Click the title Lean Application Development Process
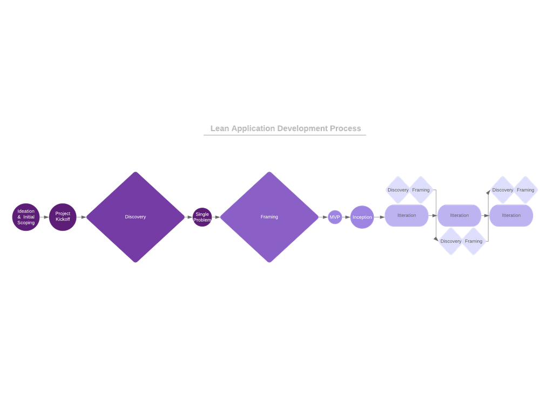[x=285, y=128]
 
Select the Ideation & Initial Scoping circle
[x=26, y=217]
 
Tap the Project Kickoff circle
[x=63, y=217]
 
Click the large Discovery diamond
[x=136, y=217]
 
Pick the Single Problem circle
[x=202, y=217]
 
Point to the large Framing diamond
[x=269, y=217]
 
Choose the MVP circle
[x=335, y=217]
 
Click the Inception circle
[x=362, y=217]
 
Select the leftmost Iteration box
[x=407, y=215]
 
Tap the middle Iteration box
[x=460, y=215]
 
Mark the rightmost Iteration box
[x=511, y=215]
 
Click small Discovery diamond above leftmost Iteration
[x=398, y=190]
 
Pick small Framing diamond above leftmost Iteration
[x=421, y=190]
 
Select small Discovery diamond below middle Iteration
[x=451, y=241]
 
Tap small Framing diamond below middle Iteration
[x=474, y=241]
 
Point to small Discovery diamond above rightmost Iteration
[x=503, y=190]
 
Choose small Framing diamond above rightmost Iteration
[x=525, y=190]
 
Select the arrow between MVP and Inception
[x=346, y=217]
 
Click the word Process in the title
[x=345, y=128]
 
